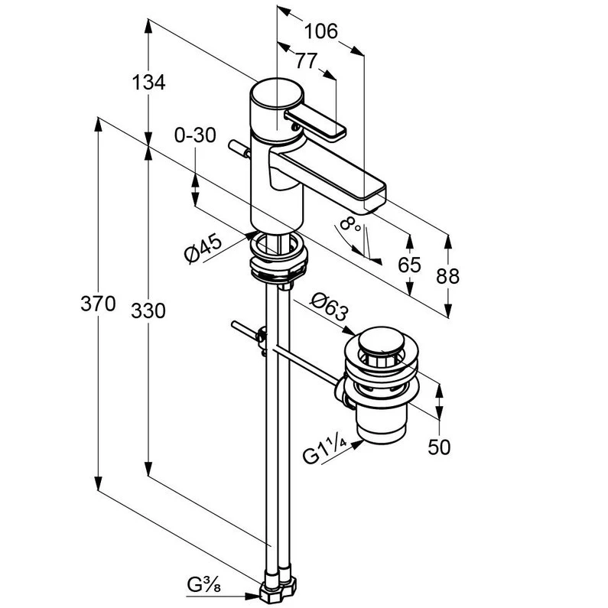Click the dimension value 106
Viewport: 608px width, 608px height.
click(x=321, y=31)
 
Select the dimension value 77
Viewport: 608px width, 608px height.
click(x=307, y=61)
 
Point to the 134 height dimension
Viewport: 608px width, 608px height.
click(x=149, y=82)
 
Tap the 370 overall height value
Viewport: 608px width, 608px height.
click(x=98, y=303)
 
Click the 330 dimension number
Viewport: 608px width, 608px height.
click(x=148, y=311)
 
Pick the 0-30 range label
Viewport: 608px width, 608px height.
click(x=195, y=135)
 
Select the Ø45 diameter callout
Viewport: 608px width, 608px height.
click(x=203, y=249)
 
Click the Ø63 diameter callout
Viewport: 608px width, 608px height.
click(x=330, y=307)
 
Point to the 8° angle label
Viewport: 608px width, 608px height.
click(x=350, y=225)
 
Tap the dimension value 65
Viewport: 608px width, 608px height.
click(x=409, y=265)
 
